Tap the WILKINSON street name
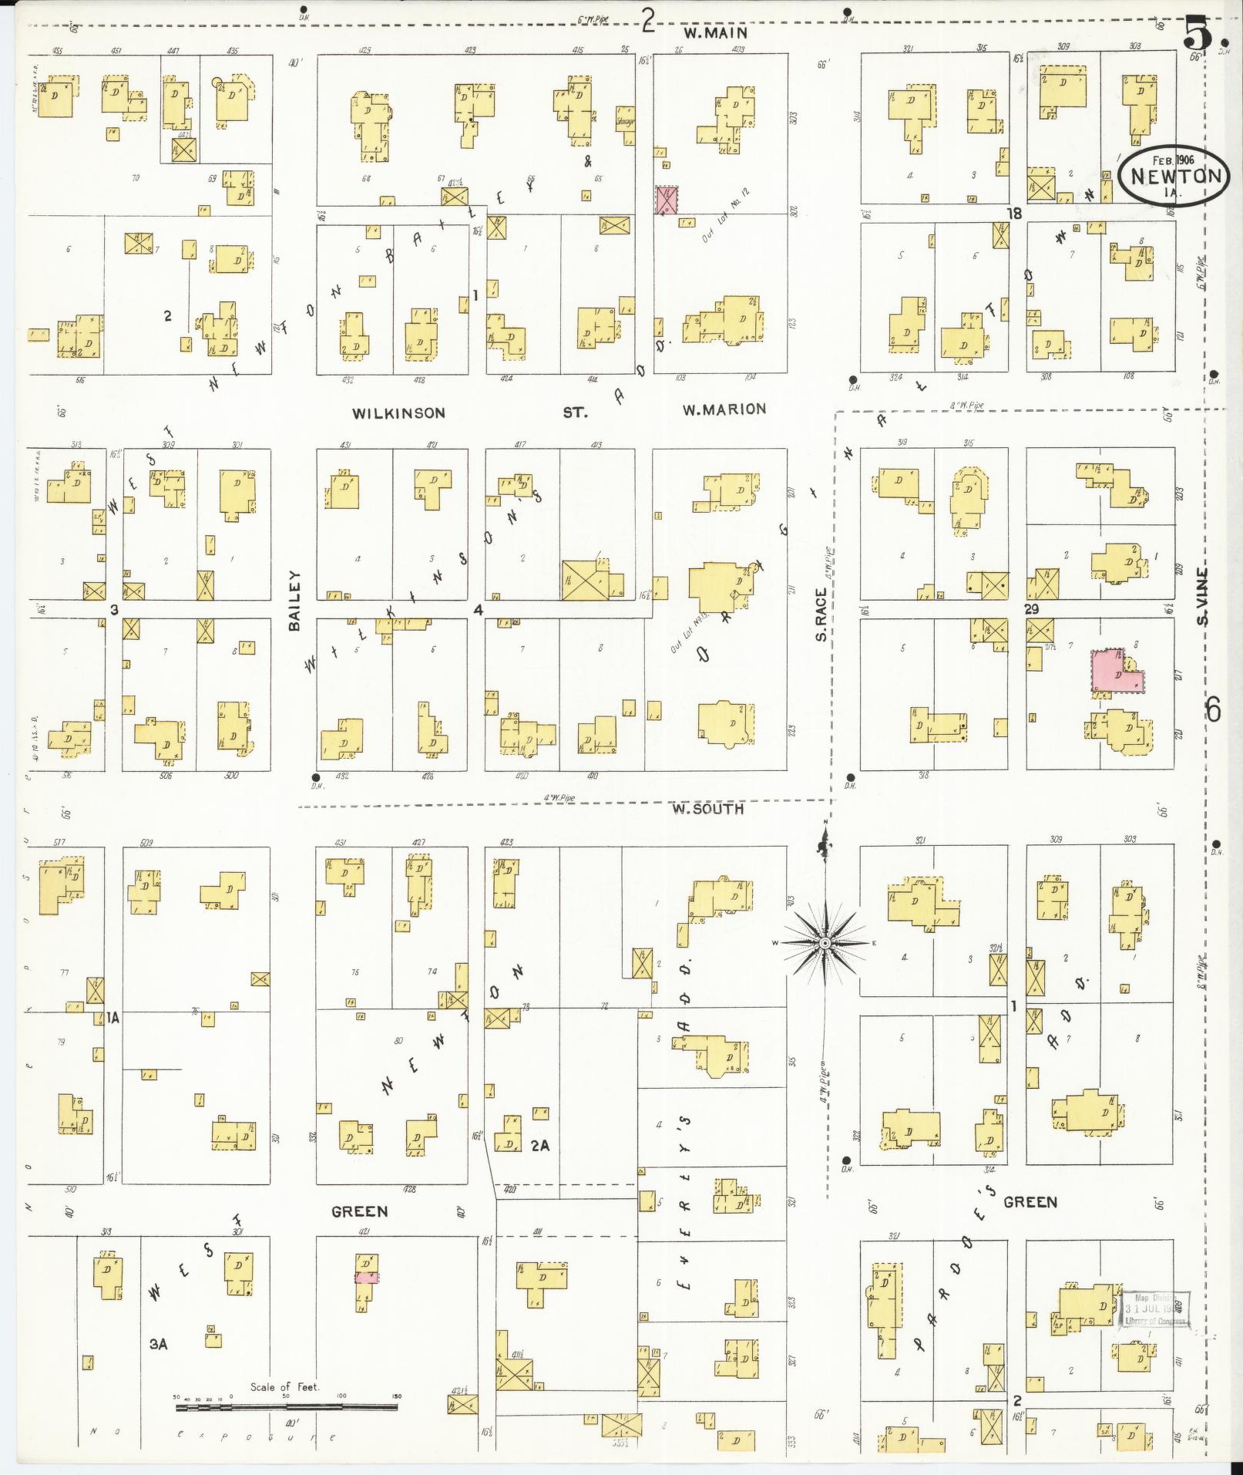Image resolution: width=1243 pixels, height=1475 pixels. point(398,413)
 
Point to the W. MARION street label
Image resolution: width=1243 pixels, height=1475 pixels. point(724,409)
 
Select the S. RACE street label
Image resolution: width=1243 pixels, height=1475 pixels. point(821,615)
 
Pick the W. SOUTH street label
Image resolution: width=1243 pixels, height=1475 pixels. point(707,809)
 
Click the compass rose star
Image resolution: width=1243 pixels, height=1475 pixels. point(825,942)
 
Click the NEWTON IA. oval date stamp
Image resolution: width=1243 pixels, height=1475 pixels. point(1171,176)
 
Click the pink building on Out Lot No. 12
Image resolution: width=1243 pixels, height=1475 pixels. point(666,200)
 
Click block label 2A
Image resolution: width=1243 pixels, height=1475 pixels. point(539,1146)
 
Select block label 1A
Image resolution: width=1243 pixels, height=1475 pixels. point(114,1017)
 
